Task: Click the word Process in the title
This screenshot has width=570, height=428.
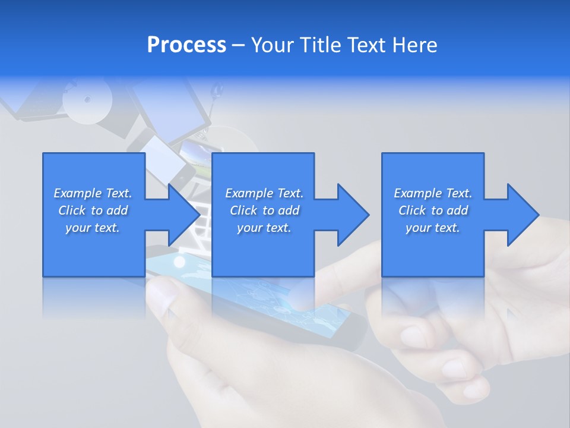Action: click(x=186, y=45)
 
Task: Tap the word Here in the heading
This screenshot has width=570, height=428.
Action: click(x=414, y=45)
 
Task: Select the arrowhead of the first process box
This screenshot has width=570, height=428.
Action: click(x=183, y=215)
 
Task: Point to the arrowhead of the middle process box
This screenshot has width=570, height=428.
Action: click(x=353, y=215)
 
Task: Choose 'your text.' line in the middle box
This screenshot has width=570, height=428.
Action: click(x=264, y=228)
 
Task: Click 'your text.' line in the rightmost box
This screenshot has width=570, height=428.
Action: click(x=432, y=228)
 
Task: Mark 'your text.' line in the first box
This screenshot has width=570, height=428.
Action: click(x=93, y=228)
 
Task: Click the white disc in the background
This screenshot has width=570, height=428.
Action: click(x=87, y=100)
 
